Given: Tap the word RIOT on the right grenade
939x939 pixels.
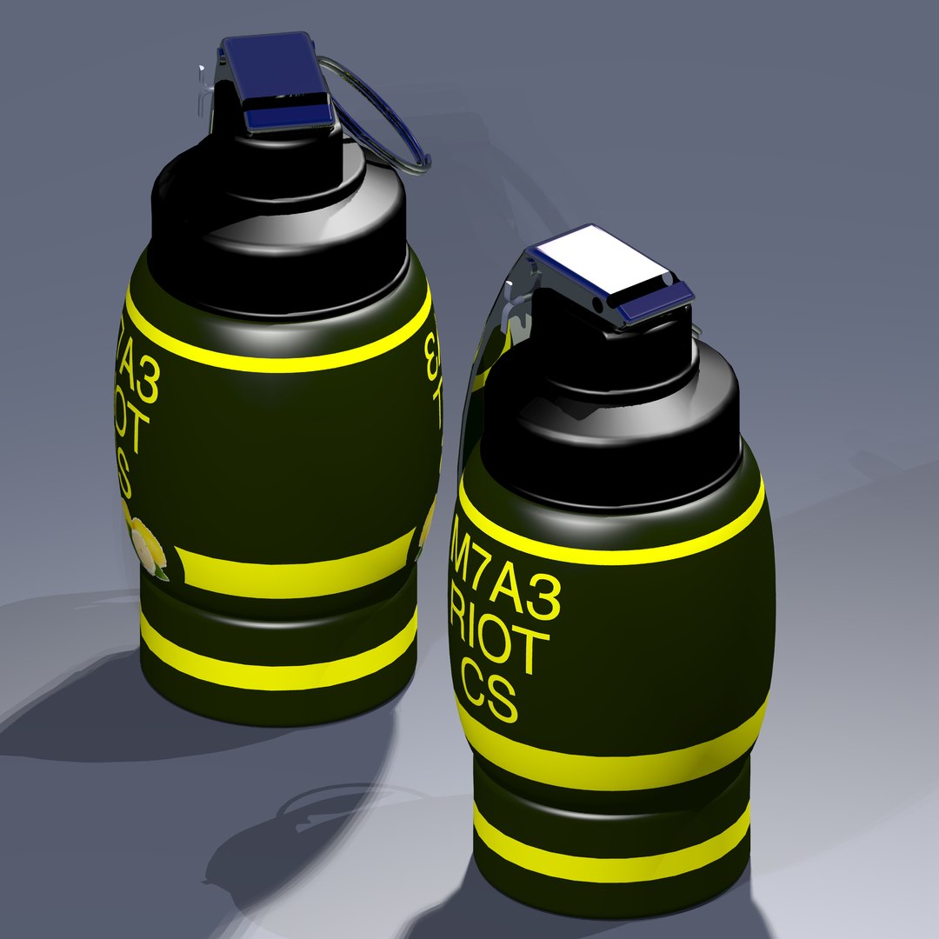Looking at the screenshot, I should coord(503,645).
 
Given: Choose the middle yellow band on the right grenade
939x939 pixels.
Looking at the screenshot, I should coord(609,756).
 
